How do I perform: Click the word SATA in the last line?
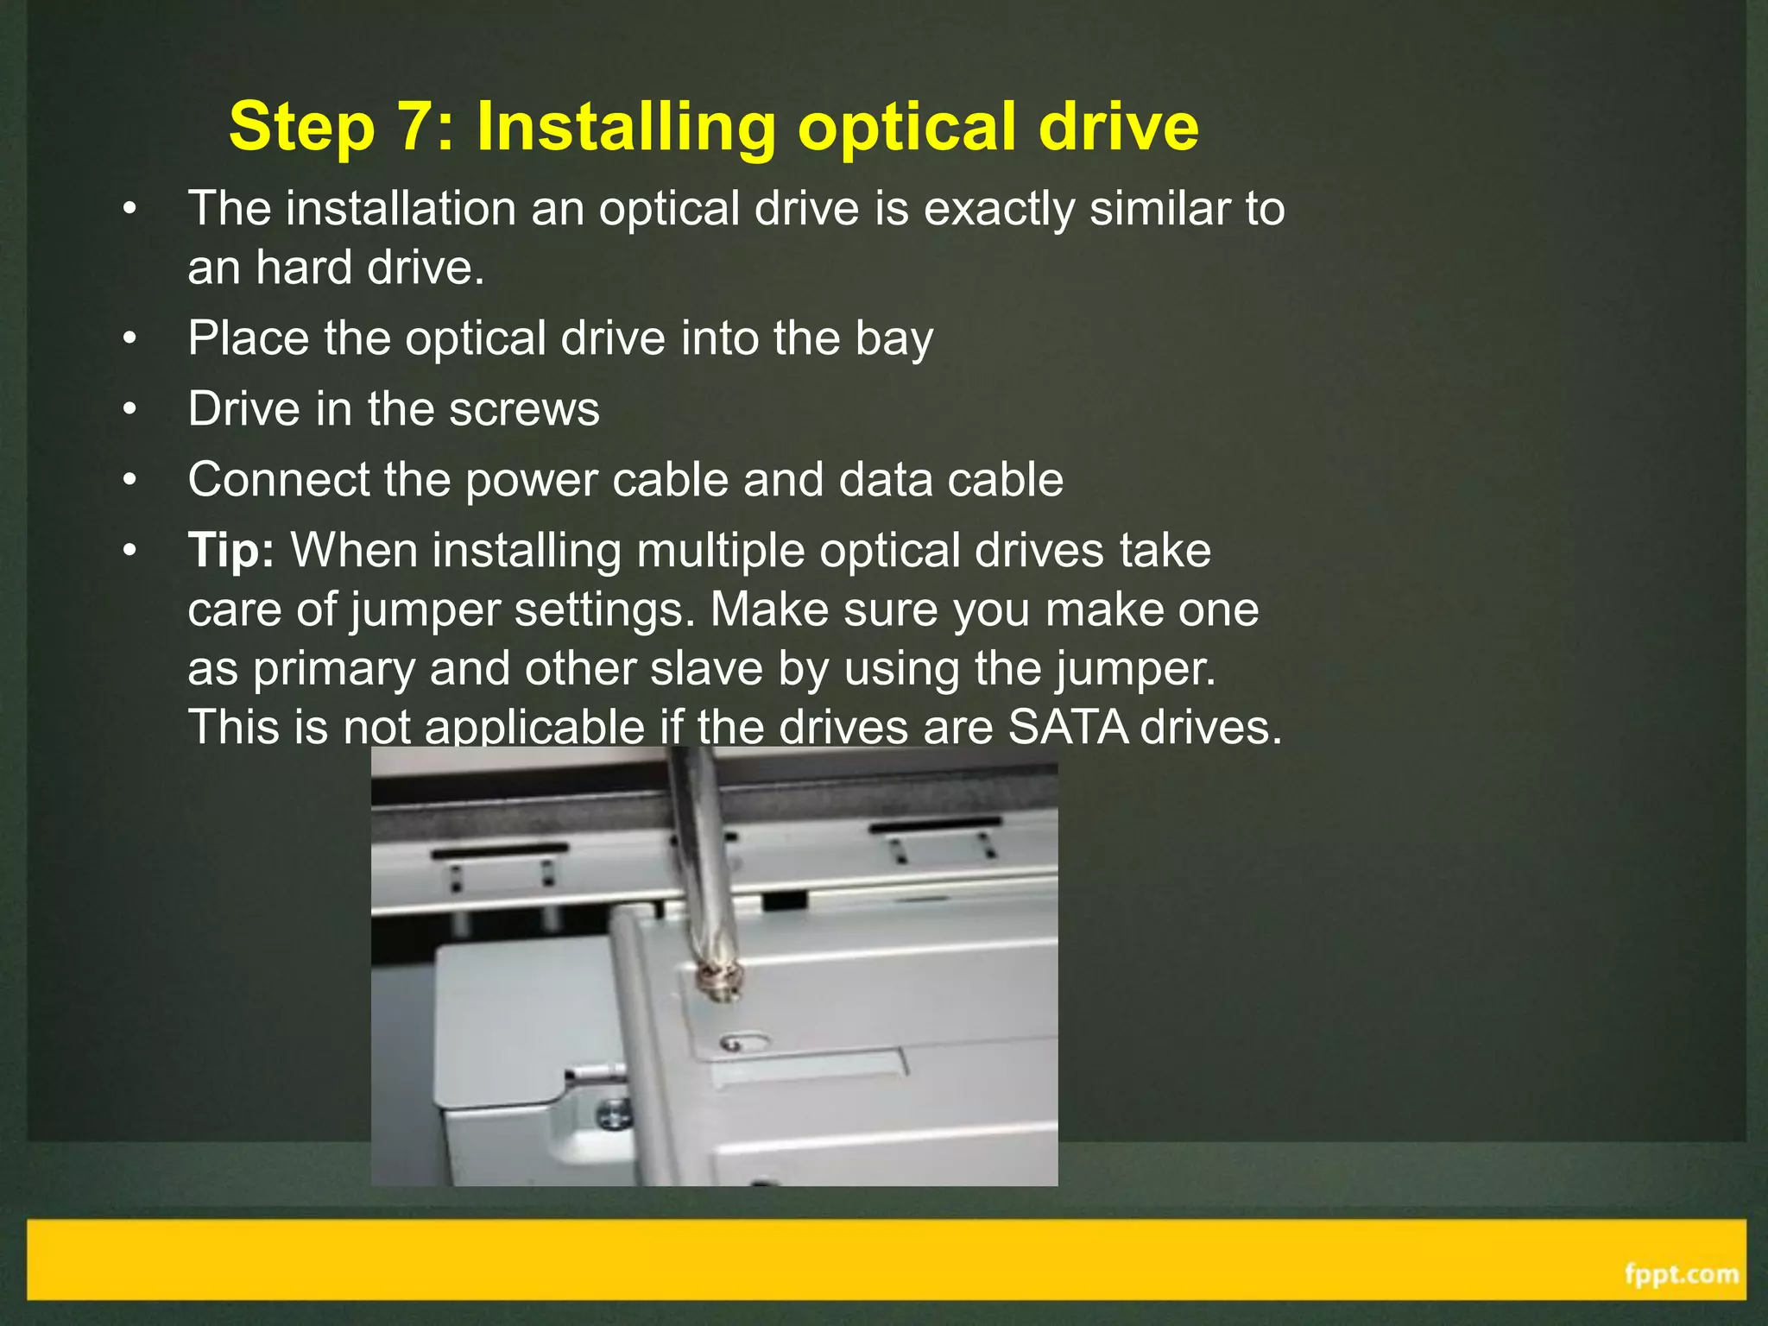1068,726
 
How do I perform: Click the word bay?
894,338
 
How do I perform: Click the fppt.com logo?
1681,1273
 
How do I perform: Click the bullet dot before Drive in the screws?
129,409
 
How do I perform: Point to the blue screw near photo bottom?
615,1114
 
